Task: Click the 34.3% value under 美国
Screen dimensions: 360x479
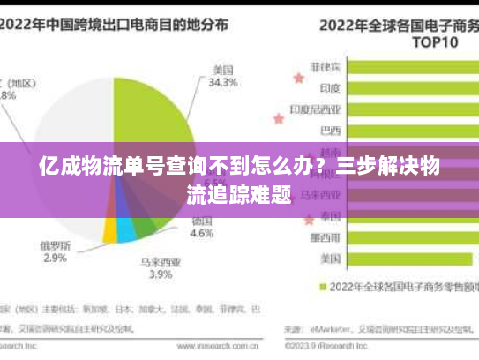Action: click(x=223, y=84)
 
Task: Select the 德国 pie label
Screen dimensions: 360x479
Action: click(x=202, y=221)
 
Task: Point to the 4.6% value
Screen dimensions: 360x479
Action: click(x=202, y=234)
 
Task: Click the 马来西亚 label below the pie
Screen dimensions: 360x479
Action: click(x=161, y=262)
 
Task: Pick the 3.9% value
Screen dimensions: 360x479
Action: click(x=161, y=274)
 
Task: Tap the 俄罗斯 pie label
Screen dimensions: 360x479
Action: click(x=55, y=244)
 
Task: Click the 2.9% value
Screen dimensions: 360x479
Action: click(x=55, y=258)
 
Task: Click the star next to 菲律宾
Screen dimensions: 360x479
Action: click(x=297, y=78)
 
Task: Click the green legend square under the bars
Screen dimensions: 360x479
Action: click(x=323, y=287)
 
